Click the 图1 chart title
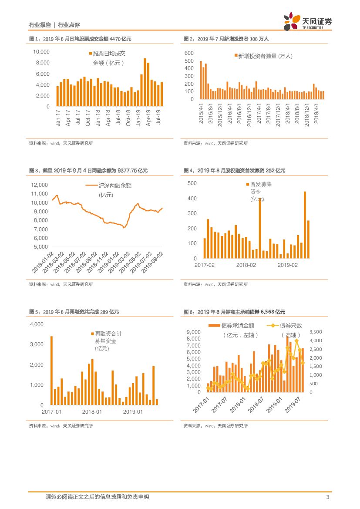[x=80, y=39]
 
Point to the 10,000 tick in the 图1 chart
[x=42, y=52]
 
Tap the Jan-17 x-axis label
[x=58, y=118]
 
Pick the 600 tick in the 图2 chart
[x=189, y=53]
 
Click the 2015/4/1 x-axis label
[x=201, y=112]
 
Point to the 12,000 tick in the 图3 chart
[x=39, y=185]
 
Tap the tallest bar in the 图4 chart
[x=305, y=225]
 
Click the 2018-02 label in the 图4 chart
[x=246, y=265]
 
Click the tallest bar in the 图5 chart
[x=51, y=371]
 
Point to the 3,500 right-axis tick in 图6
[x=316, y=332]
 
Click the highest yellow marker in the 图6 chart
[x=296, y=341]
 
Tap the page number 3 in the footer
[x=327, y=497]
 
